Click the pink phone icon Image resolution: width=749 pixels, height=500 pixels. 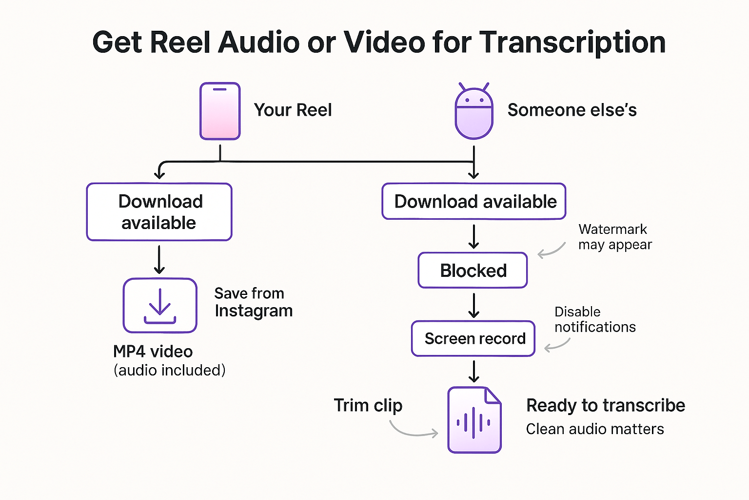[x=220, y=111]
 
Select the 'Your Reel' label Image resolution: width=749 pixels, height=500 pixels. [x=293, y=110]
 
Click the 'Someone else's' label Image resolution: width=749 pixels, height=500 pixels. [x=572, y=110]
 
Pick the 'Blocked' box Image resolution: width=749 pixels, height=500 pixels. [x=473, y=271]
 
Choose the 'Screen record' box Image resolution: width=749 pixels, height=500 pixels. [x=473, y=338]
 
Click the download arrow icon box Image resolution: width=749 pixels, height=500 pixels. [x=160, y=306]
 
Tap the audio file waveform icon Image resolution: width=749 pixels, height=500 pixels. [x=474, y=420]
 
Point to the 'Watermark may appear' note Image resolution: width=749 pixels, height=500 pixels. [x=614, y=237]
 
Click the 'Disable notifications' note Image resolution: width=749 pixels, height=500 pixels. [x=595, y=319]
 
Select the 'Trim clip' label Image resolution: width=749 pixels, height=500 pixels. [x=368, y=405]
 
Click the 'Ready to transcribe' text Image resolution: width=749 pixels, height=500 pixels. [x=606, y=405]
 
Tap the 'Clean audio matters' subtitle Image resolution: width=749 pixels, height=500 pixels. [x=595, y=429]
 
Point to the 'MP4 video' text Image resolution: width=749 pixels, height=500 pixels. [x=153, y=352]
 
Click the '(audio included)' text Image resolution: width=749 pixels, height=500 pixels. [x=169, y=370]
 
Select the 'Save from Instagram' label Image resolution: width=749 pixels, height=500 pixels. [x=253, y=302]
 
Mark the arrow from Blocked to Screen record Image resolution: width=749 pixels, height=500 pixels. [x=473, y=305]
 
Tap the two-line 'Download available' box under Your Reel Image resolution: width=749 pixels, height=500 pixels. [x=159, y=212]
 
